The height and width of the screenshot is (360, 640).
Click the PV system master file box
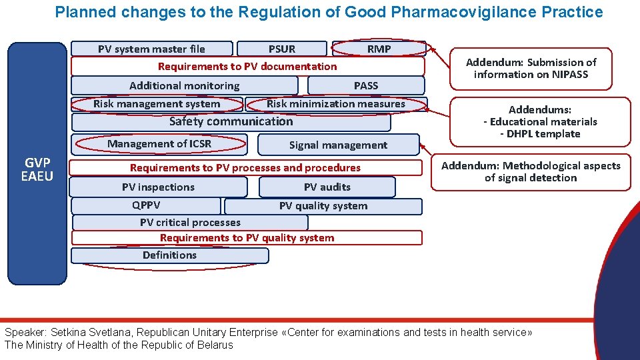pyautogui.click(x=152, y=49)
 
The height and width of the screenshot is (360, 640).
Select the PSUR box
pyautogui.click(x=282, y=49)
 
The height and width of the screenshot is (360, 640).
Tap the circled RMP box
pyautogui.click(x=379, y=49)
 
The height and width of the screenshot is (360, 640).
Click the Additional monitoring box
pyautogui.click(x=184, y=85)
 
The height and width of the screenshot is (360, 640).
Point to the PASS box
pyautogui.click(x=366, y=85)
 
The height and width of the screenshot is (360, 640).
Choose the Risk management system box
pyautogui.click(x=157, y=104)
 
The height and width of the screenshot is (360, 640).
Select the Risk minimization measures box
pyautogui.click(x=335, y=104)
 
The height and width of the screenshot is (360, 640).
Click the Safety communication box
pyautogui.click(x=231, y=122)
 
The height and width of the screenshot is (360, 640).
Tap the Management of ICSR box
pyautogui.click(x=159, y=144)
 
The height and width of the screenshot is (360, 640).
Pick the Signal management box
pyautogui.click(x=338, y=145)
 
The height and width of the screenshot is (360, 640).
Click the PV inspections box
pyautogui.click(x=158, y=187)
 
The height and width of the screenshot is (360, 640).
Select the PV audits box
pyautogui.click(x=327, y=187)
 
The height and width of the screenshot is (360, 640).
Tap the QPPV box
pyautogui.click(x=146, y=206)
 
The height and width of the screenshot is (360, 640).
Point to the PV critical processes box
pyautogui.click(x=190, y=223)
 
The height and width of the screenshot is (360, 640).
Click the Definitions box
pyautogui.click(x=169, y=255)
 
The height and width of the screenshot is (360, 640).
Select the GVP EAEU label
pyautogui.click(x=37, y=169)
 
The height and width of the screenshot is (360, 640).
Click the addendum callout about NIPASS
pyautogui.click(x=531, y=69)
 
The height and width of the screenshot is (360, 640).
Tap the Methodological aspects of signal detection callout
pyautogui.click(x=531, y=172)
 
